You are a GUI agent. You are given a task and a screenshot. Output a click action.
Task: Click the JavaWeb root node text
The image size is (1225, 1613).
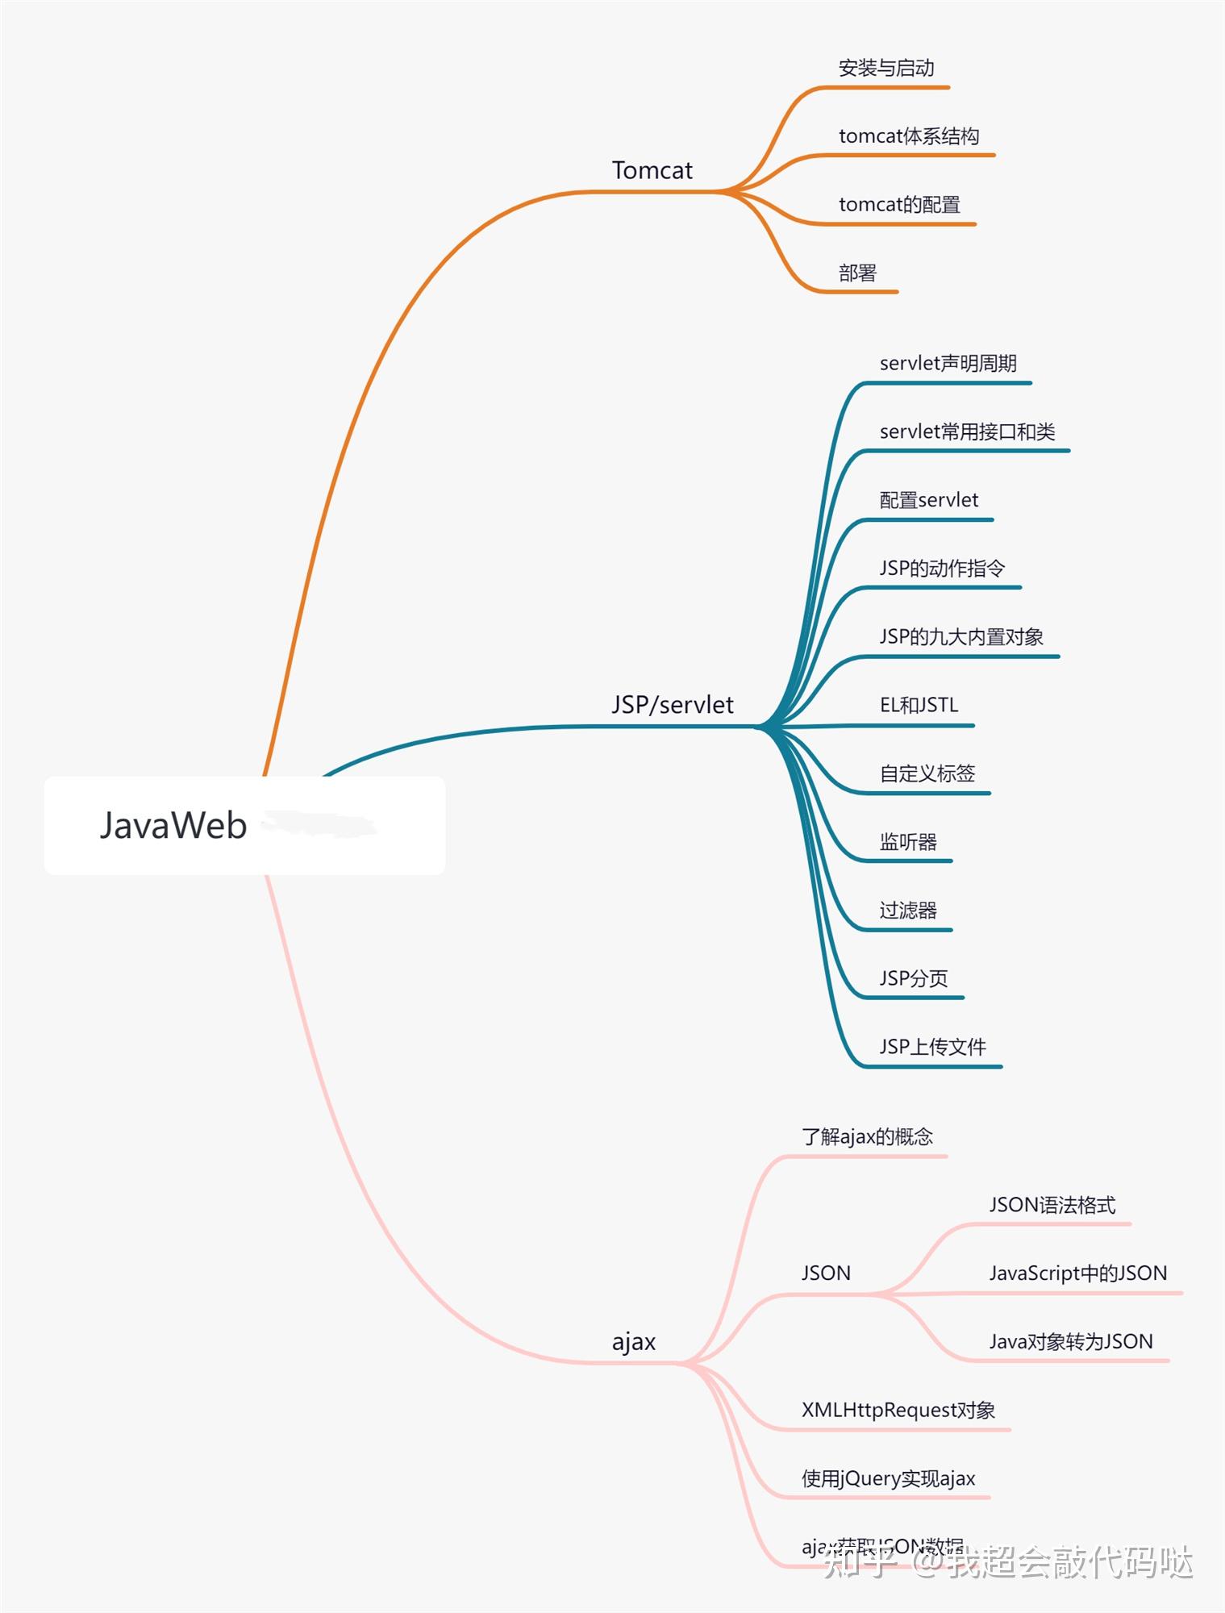(x=173, y=825)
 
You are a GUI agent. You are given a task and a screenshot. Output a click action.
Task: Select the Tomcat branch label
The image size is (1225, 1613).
(x=652, y=170)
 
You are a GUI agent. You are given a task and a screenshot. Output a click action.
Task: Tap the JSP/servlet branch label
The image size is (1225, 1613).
(x=672, y=705)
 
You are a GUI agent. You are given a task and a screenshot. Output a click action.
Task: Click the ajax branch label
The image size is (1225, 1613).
(x=633, y=1342)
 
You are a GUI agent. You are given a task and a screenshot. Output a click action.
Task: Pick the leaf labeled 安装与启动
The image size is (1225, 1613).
(x=885, y=69)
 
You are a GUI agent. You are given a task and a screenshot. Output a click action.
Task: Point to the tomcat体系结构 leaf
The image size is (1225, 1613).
(x=908, y=136)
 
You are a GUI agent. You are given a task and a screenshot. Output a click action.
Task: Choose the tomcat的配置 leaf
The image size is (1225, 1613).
(x=898, y=205)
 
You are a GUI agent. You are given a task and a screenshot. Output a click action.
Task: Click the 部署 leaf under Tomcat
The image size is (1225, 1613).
(x=856, y=273)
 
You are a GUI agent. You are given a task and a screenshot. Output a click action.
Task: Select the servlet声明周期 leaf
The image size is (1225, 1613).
(x=948, y=364)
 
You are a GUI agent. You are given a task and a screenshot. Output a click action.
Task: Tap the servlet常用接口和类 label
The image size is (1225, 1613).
(x=967, y=432)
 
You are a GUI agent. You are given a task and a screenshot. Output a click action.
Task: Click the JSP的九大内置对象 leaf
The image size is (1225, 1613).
(x=960, y=637)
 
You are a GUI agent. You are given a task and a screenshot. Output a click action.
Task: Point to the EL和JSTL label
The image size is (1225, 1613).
(x=919, y=706)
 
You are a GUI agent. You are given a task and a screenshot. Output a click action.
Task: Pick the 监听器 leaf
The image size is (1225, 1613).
(x=907, y=842)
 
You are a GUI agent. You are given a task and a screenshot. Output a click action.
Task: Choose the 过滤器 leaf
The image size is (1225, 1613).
(x=907, y=911)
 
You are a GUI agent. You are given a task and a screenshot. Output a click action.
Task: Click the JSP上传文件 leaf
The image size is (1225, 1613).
(x=932, y=1047)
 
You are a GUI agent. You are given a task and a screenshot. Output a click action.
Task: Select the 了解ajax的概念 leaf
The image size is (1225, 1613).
(x=867, y=1137)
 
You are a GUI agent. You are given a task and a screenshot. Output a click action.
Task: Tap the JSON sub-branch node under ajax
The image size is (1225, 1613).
(x=825, y=1273)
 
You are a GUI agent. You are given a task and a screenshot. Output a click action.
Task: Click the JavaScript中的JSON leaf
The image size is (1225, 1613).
(x=1077, y=1273)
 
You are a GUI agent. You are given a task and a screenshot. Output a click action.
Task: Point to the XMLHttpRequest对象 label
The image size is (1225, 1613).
(x=898, y=1411)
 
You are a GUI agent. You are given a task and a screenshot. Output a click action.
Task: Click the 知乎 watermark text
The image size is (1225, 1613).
(x=860, y=1563)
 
